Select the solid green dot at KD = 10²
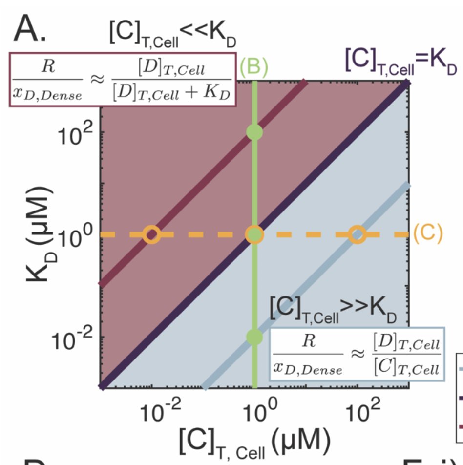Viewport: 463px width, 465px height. pyautogui.click(x=254, y=132)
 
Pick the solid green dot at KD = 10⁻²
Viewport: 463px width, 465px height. pyautogui.click(x=254, y=336)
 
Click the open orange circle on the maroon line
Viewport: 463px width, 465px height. pyautogui.click(x=151, y=234)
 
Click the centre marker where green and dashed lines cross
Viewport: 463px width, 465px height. pyautogui.click(x=254, y=234)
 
